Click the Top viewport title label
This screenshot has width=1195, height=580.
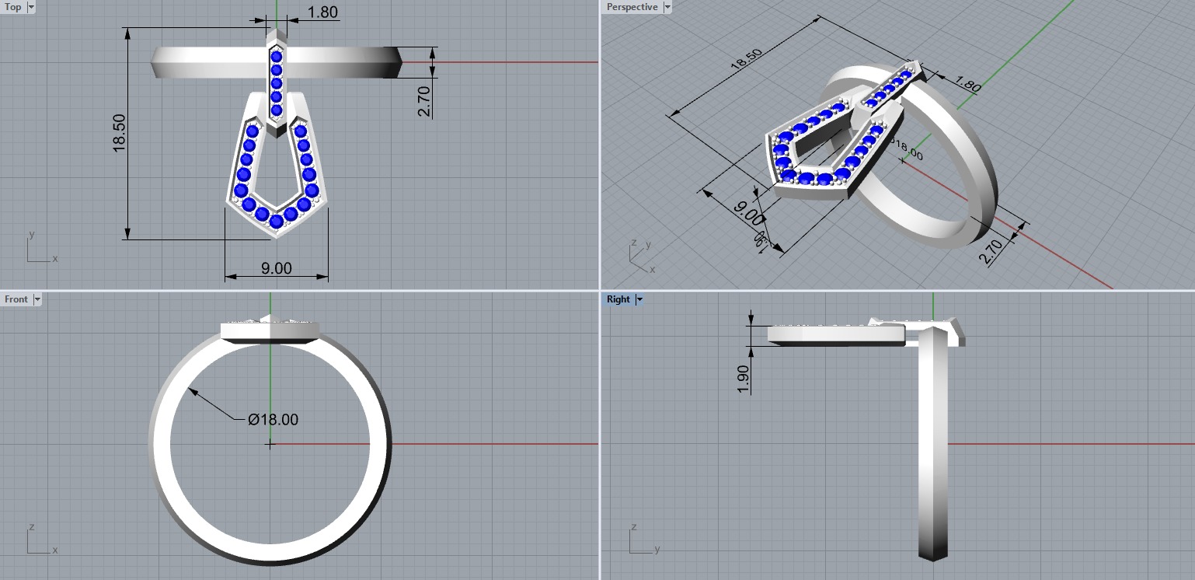click(x=13, y=7)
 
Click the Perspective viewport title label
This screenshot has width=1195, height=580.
click(x=632, y=7)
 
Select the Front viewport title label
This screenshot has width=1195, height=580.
click(x=16, y=299)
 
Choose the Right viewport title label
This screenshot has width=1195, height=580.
click(x=618, y=299)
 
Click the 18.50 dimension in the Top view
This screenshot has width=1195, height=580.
click(x=119, y=133)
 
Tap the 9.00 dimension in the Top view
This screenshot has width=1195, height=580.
click(x=276, y=268)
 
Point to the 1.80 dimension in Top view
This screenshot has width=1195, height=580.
click(x=322, y=12)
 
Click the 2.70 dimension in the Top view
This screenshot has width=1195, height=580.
click(x=423, y=100)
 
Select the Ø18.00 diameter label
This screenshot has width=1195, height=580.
click(x=273, y=420)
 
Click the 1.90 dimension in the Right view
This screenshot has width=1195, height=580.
click(x=744, y=379)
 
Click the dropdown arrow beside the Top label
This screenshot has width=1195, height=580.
click(x=31, y=7)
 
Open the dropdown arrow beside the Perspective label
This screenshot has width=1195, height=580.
click(x=667, y=7)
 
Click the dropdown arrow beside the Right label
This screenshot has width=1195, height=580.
click(x=639, y=299)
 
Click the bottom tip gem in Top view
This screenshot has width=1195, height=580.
click(x=276, y=221)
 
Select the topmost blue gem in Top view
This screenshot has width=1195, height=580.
click(x=276, y=57)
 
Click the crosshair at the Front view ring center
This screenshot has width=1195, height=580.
click(x=270, y=444)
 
